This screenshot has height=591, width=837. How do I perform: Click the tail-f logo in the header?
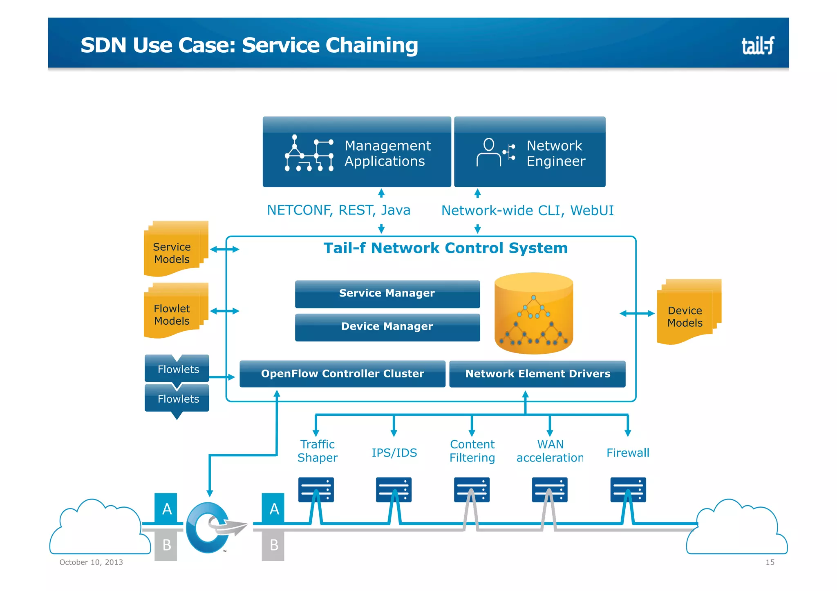pyautogui.click(x=757, y=45)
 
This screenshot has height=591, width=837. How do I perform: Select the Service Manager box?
pyautogui.click(x=387, y=294)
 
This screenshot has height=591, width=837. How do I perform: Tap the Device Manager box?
pyautogui.click(x=387, y=327)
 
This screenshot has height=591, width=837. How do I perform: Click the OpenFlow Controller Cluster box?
pyautogui.click(x=342, y=374)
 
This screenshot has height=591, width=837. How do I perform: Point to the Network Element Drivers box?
pyautogui.click(x=537, y=374)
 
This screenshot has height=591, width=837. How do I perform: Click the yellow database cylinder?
pyautogui.click(x=533, y=314)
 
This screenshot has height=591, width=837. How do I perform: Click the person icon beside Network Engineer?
pyautogui.click(x=489, y=152)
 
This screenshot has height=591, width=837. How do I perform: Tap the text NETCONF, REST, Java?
pyautogui.click(x=338, y=210)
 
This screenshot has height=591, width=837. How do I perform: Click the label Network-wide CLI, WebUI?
pyautogui.click(x=527, y=211)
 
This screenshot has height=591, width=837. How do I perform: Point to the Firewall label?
pyautogui.click(x=627, y=453)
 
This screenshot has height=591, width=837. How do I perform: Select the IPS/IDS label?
pyautogui.click(x=394, y=453)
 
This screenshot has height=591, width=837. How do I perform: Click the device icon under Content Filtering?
pyautogui.click(x=472, y=490)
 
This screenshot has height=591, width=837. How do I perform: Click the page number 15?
pyautogui.click(x=770, y=562)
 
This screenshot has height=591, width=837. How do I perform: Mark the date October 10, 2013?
pyautogui.click(x=91, y=562)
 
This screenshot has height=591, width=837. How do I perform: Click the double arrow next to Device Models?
pyautogui.click(x=637, y=314)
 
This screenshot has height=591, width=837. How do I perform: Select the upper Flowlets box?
pyautogui.click(x=177, y=369)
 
